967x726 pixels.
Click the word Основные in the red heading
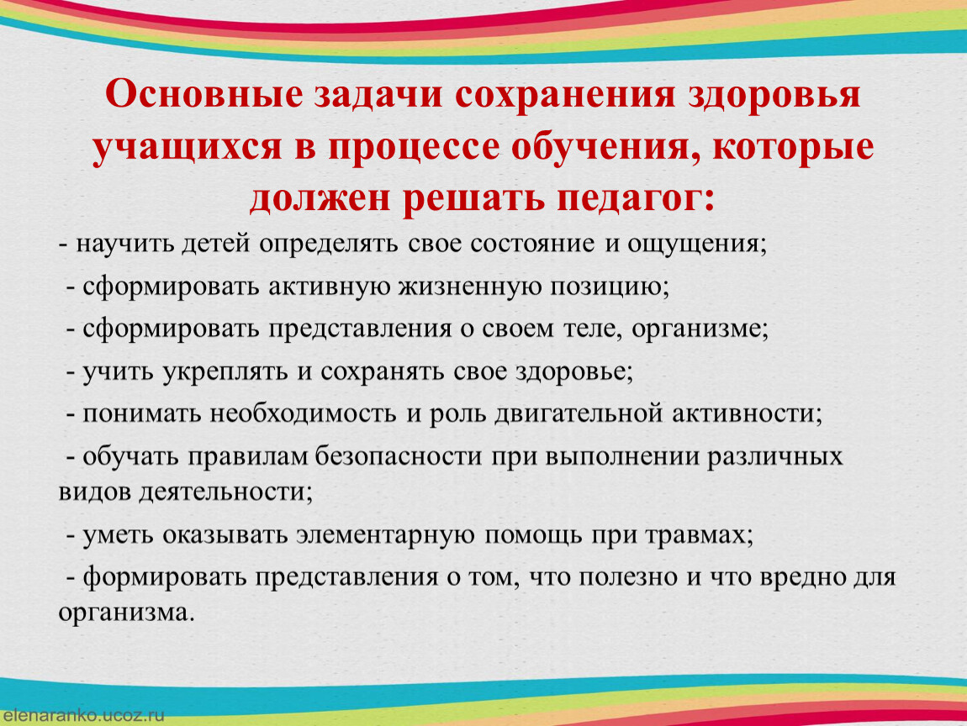pyautogui.click(x=204, y=95)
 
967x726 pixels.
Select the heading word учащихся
pyautogui.click(x=188, y=149)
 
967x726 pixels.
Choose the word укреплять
pyautogui.click(x=225, y=371)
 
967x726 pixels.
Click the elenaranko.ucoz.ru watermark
pyautogui.click(x=84, y=716)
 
